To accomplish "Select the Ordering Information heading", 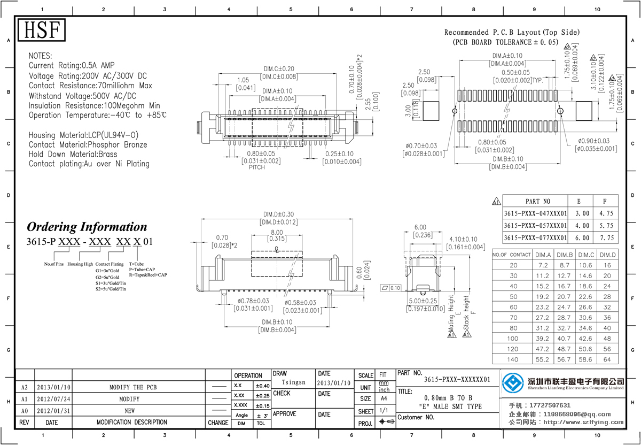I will click(x=87, y=227).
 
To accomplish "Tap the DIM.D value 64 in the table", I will click(x=607, y=359).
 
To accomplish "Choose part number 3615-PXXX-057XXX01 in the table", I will click(x=535, y=226).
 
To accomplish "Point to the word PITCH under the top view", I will click(x=256, y=167).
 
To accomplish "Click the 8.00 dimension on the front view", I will click(x=277, y=233).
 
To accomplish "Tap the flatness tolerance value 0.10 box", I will click(x=395, y=288).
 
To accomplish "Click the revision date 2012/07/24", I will click(x=53, y=399).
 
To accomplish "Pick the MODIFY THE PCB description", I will click(x=133, y=387).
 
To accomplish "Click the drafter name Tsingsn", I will click(x=293, y=382).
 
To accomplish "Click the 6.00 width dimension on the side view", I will click(x=420, y=227).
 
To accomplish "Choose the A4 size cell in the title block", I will click(x=384, y=398).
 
